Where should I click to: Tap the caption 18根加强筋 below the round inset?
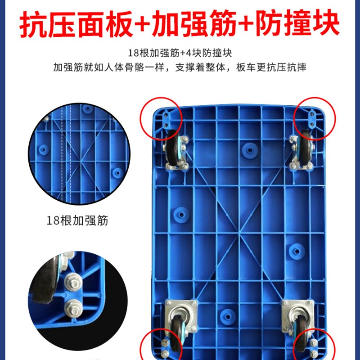(77, 221)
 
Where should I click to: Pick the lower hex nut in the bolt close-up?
(71, 310)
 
